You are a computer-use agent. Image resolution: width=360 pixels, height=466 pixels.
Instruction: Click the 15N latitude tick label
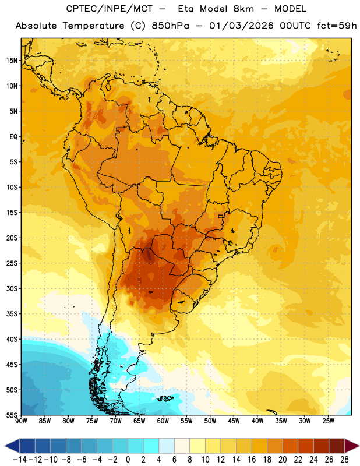[12, 61]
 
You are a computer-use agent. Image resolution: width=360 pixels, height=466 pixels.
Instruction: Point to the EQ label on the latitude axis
[13, 137]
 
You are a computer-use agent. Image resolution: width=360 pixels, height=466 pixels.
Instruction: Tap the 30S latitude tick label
[12, 288]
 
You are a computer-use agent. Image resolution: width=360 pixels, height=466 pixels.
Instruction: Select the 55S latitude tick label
[12, 415]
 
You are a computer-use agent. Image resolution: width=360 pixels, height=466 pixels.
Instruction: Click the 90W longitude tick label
[21, 421]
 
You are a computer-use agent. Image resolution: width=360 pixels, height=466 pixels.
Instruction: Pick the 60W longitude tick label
[163, 421]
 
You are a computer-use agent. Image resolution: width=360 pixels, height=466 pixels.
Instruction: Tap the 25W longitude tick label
[328, 421]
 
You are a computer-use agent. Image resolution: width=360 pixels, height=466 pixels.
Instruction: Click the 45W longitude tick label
[234, 421]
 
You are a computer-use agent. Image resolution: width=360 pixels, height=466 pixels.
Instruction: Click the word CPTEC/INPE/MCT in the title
[110, 9]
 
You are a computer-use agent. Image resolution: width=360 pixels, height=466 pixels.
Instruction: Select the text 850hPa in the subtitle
[170, 26]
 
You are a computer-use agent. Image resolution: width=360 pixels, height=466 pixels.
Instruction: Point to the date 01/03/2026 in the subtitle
[241, 26]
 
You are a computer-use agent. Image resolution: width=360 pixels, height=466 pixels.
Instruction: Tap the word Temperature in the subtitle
[93, 26]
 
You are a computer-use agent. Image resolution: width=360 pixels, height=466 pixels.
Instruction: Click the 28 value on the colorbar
[344, 460]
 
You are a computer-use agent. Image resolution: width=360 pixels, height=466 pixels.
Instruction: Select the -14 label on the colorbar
[20, 460]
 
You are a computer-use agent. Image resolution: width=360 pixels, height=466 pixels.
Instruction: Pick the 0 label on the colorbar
[128, 460]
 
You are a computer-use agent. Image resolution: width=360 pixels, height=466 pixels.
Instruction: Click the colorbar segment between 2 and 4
[151, 446]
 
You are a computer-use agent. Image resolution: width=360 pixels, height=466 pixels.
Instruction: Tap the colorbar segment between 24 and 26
[321, 446]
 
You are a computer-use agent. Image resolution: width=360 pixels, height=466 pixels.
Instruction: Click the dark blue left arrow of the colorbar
[12, 446]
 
